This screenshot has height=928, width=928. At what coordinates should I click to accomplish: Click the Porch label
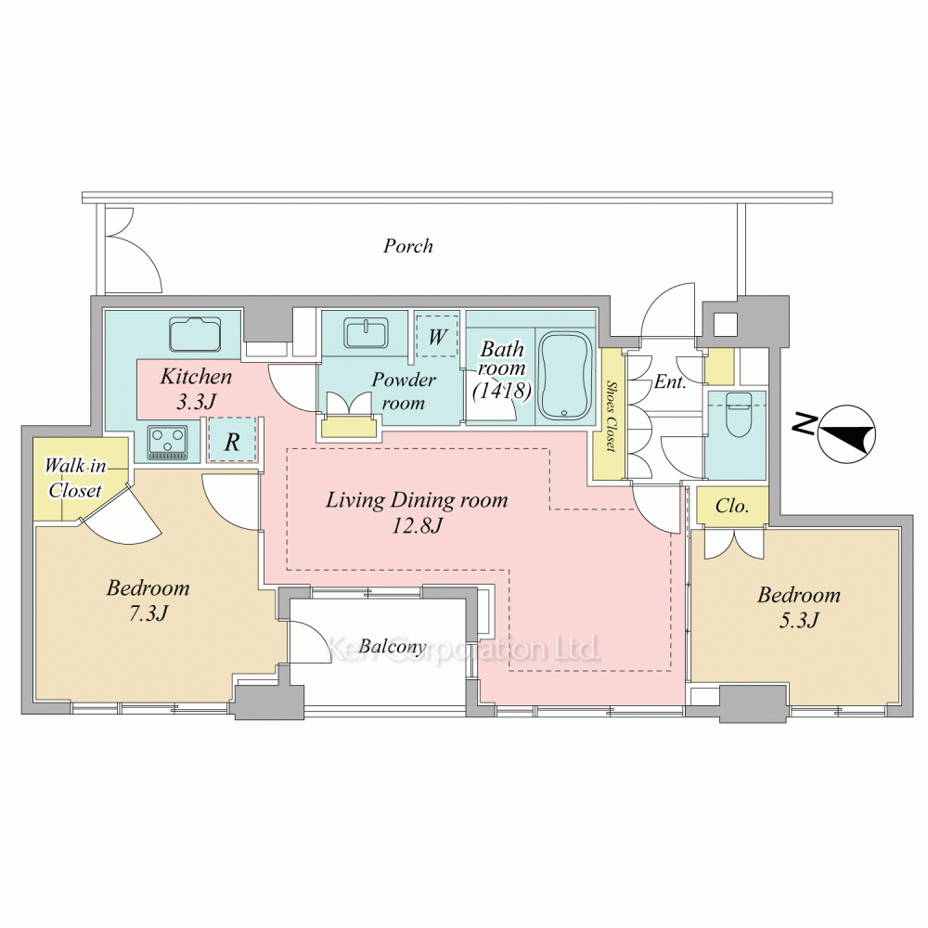pyautogui.click(x=407, y=246)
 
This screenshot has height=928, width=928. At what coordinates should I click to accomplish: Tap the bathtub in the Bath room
pyautogui.click(x=565, y=375)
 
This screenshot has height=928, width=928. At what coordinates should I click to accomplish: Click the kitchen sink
pyautogui.click(x=196, y=335)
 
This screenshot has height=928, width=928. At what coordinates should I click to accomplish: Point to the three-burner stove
pyautogui.click(x=168, y=442)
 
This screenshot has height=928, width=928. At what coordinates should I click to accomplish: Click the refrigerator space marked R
pyautogui.click(x=232, y=440)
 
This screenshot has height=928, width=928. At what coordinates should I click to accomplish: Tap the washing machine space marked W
pyautogui.click(x=437, y=336)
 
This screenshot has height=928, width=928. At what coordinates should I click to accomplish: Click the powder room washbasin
pyautogui.click(x=367, y=334)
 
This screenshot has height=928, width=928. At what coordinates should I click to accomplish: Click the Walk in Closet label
pyautogui.click(x=75, y=478)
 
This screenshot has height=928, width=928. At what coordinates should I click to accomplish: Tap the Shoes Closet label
pyautogui.click(x=611, y=416)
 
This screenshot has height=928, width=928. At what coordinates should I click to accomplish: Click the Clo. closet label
pyautogui.click(x=732, y=506)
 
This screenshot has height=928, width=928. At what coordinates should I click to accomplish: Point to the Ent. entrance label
pyautogui.click(x=670, y=381)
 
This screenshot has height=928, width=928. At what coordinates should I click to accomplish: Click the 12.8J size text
pyautogui.click(x=417, y=525)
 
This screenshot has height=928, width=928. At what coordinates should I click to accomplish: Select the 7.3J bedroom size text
pyautogui.click(x=148, y=613)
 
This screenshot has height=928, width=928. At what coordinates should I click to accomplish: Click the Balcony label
pyautogui.click(x=393, y=647)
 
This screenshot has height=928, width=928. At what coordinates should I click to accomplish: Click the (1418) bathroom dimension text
pyautogui.click(x=502, y=390)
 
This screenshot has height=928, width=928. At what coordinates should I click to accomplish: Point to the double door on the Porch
pyautogui.click(x=132, y=249)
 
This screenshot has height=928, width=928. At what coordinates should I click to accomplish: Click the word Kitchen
pyautogui.click(x=196, y=376)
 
